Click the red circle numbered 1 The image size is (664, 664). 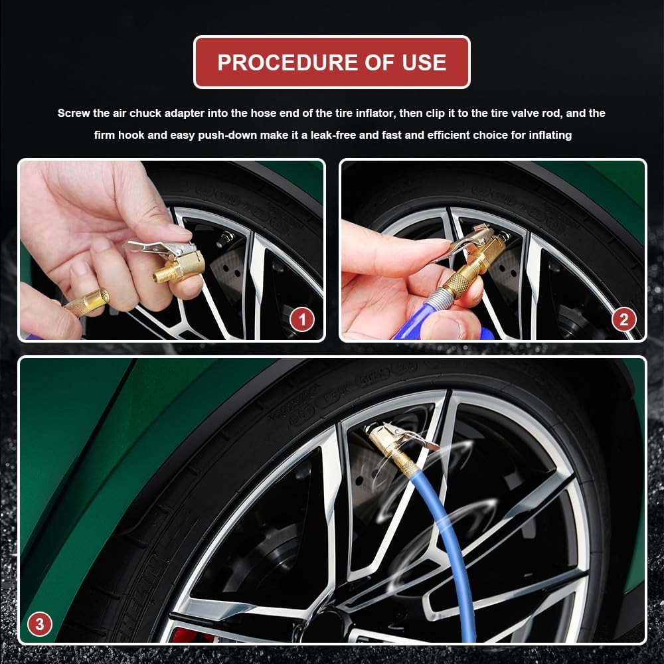pyautogui.click(x=302, y=319)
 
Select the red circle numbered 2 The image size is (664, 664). pyautogui.click(x=623, y=319)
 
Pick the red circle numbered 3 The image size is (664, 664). pyautogui.click(x=40, y=623)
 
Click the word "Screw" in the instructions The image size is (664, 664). pyautogui.click(x=73, y=114)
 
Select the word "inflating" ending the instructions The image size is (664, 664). pyautogui.click(x=550, y=135)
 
